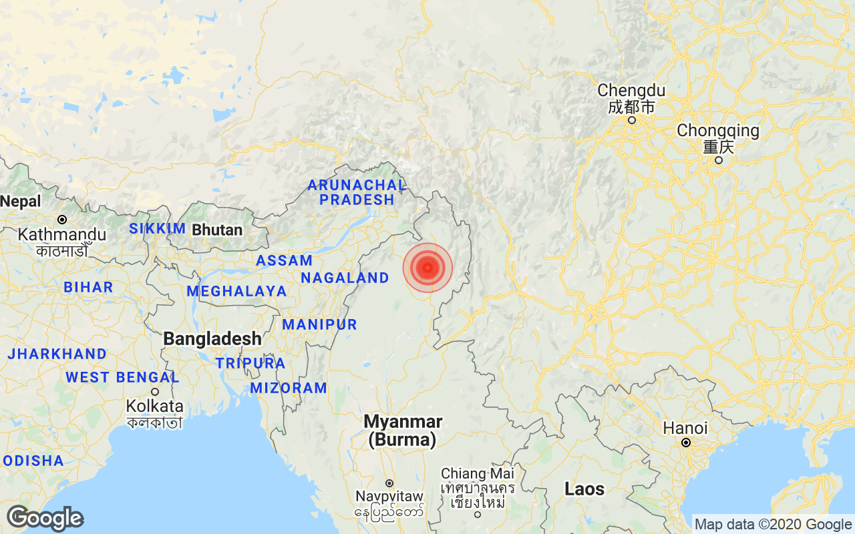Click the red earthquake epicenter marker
tap(427, 268)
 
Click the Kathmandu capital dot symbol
tap(61, 220)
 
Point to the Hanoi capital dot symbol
tap(685, 443)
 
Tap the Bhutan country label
tap(217, 230)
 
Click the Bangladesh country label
tap(212, 338)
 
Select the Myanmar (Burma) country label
tap(403, 431)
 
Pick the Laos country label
tap(584, 489)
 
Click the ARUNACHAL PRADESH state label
tap(357, 192)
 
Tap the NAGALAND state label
tap(345, 278)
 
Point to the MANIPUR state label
tap(319, 325)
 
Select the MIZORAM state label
tap(289, 388)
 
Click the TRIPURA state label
tap(250, 363)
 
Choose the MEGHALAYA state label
tap(236, 291)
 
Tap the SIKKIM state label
tap(157, 229)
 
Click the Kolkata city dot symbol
tap(155, 392)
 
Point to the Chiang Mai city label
tap(478, 473)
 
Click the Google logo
tap(45, 518)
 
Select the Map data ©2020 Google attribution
tap(773, 525)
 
